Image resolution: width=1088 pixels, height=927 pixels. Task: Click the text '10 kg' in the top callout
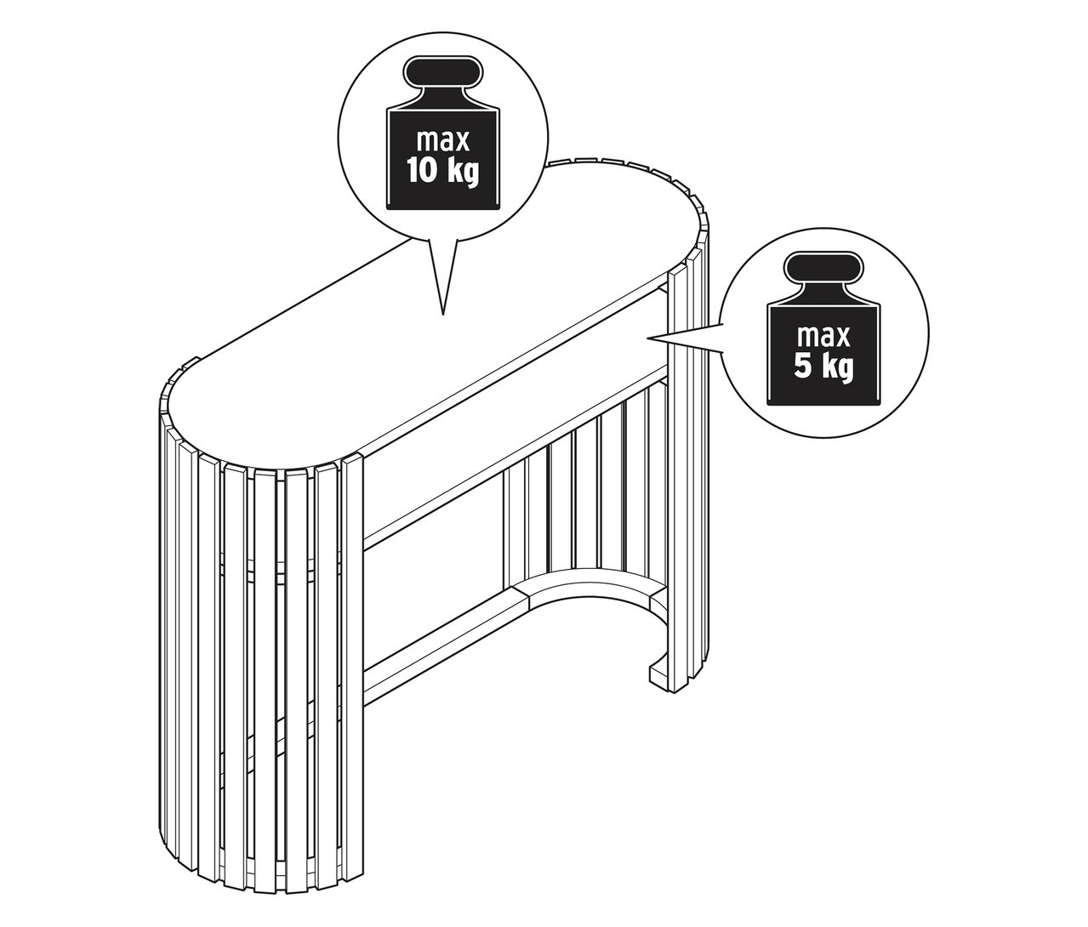pos(442,171)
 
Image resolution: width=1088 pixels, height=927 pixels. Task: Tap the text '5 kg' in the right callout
pos(823,368)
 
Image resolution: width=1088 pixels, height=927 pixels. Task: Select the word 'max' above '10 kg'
pos(442,139)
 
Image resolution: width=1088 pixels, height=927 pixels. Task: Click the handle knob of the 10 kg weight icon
pos(442,73)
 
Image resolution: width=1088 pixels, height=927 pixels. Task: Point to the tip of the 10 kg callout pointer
pos(442,315)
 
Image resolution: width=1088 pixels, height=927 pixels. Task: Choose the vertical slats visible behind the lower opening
pos(587,493)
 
